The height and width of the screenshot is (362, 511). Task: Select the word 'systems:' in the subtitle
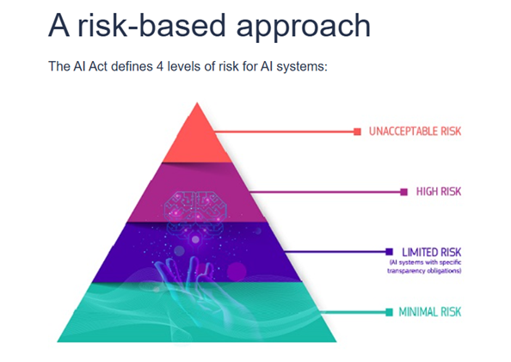click(x=302, y=67)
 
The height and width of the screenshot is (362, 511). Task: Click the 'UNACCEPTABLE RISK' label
click(x=415, y=132)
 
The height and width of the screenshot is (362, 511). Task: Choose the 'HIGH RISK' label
click(x=439, y=192)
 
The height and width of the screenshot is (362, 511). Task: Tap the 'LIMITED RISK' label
click(x=432, y=252)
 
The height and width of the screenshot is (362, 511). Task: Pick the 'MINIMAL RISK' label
click(x=430, y=312)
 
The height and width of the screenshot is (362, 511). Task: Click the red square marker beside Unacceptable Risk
click(x=358, y=132)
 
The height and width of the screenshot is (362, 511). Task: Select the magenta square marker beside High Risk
click(x=404, y=192)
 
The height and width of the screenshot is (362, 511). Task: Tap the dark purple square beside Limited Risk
click(x=389, y=252)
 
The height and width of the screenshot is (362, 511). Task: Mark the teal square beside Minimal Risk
click(x=389, y=312)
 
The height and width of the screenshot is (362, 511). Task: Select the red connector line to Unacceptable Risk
click(x=284, y=132)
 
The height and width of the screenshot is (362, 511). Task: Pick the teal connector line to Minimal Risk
click(x=354, y=312)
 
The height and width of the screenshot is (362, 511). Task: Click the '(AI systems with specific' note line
click(x=425, y=262)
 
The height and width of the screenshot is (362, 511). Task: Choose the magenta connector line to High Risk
click(x=325, y=192)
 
